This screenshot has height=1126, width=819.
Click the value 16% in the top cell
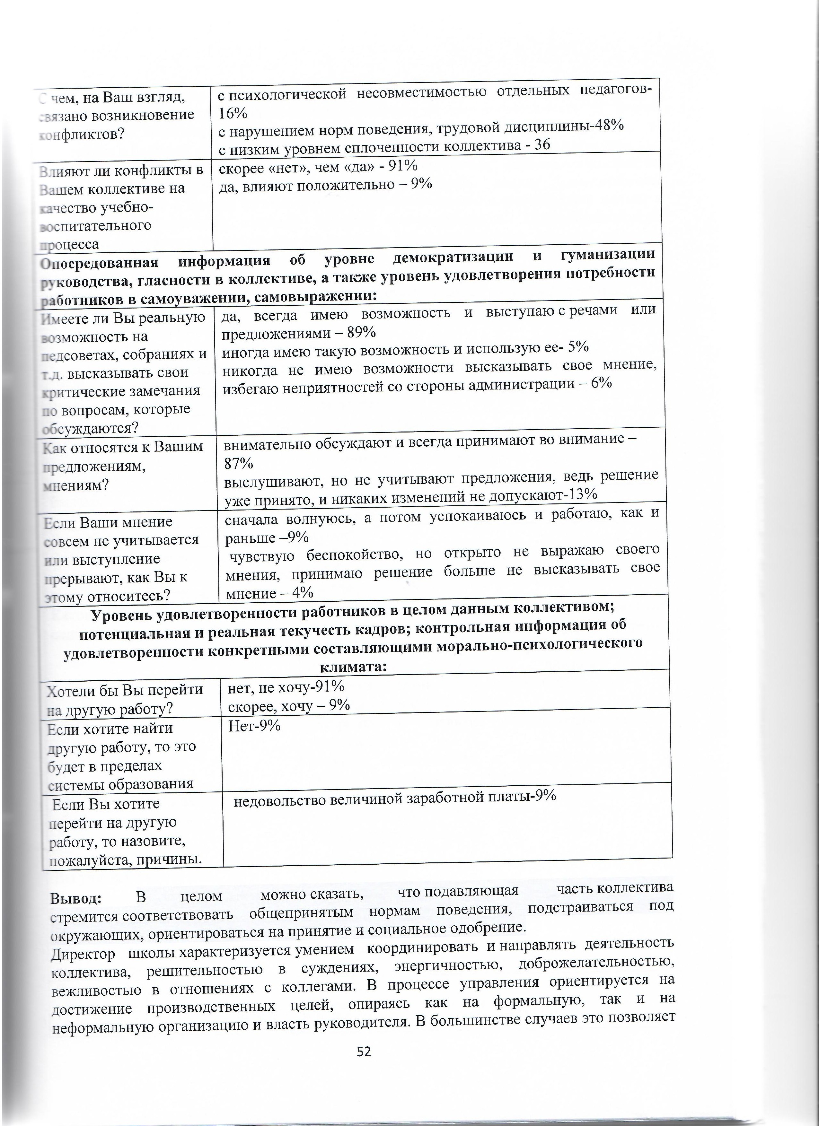click(x=233, y=113)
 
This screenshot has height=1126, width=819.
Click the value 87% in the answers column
click(x=238, y=464)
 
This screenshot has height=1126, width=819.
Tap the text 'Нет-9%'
click(x=254, y=726)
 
